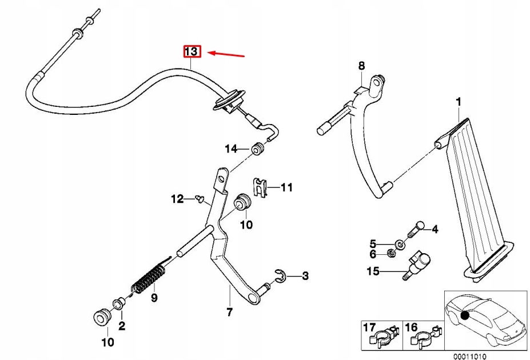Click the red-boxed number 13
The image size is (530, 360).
tap(191, 52)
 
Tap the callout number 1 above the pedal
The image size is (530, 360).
tap(457, 102)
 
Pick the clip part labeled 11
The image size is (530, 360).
tap(260, 187)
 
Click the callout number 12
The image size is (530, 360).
tap(177, 199)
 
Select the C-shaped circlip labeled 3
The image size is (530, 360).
tap(280, 276)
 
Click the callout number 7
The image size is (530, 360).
tap(229, 312)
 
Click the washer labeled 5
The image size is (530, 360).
tap(401, 245)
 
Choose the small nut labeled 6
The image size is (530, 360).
tap(391, 253)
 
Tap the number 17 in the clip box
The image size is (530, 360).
tap(369, 327)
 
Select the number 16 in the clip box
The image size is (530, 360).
tap(411, 327)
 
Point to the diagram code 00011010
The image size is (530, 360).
tap(469, 356)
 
